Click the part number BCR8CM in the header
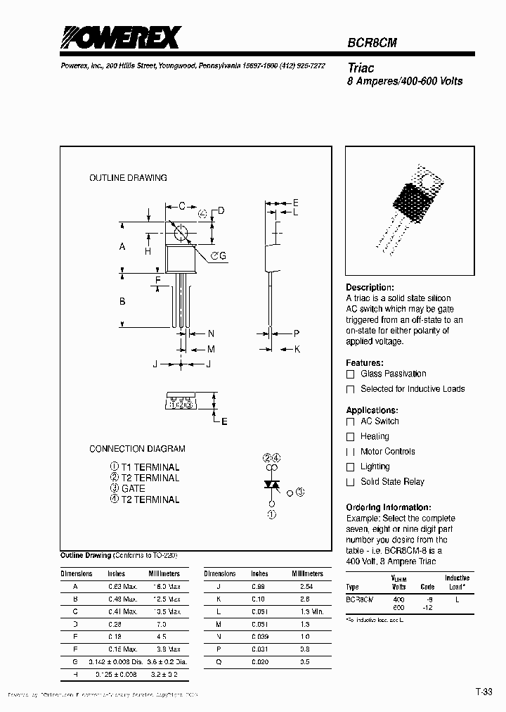[372, 43]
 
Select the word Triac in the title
[361, 68]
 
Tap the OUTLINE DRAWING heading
[128, 178]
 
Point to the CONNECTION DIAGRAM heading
[137, 448]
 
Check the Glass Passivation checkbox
[350, 374]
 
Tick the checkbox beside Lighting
[350, 467]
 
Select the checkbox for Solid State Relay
[350, 482]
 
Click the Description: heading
[370, 288]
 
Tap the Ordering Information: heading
[388, 507]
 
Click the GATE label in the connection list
[133, 488]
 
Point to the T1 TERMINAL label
[150, 467]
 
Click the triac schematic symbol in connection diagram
[271, 485]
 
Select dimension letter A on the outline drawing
[122, 247]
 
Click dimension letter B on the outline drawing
[122, 301]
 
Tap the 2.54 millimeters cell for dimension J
[305, 586]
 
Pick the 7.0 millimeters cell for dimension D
[161, 624]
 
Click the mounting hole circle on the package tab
[181, 233]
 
